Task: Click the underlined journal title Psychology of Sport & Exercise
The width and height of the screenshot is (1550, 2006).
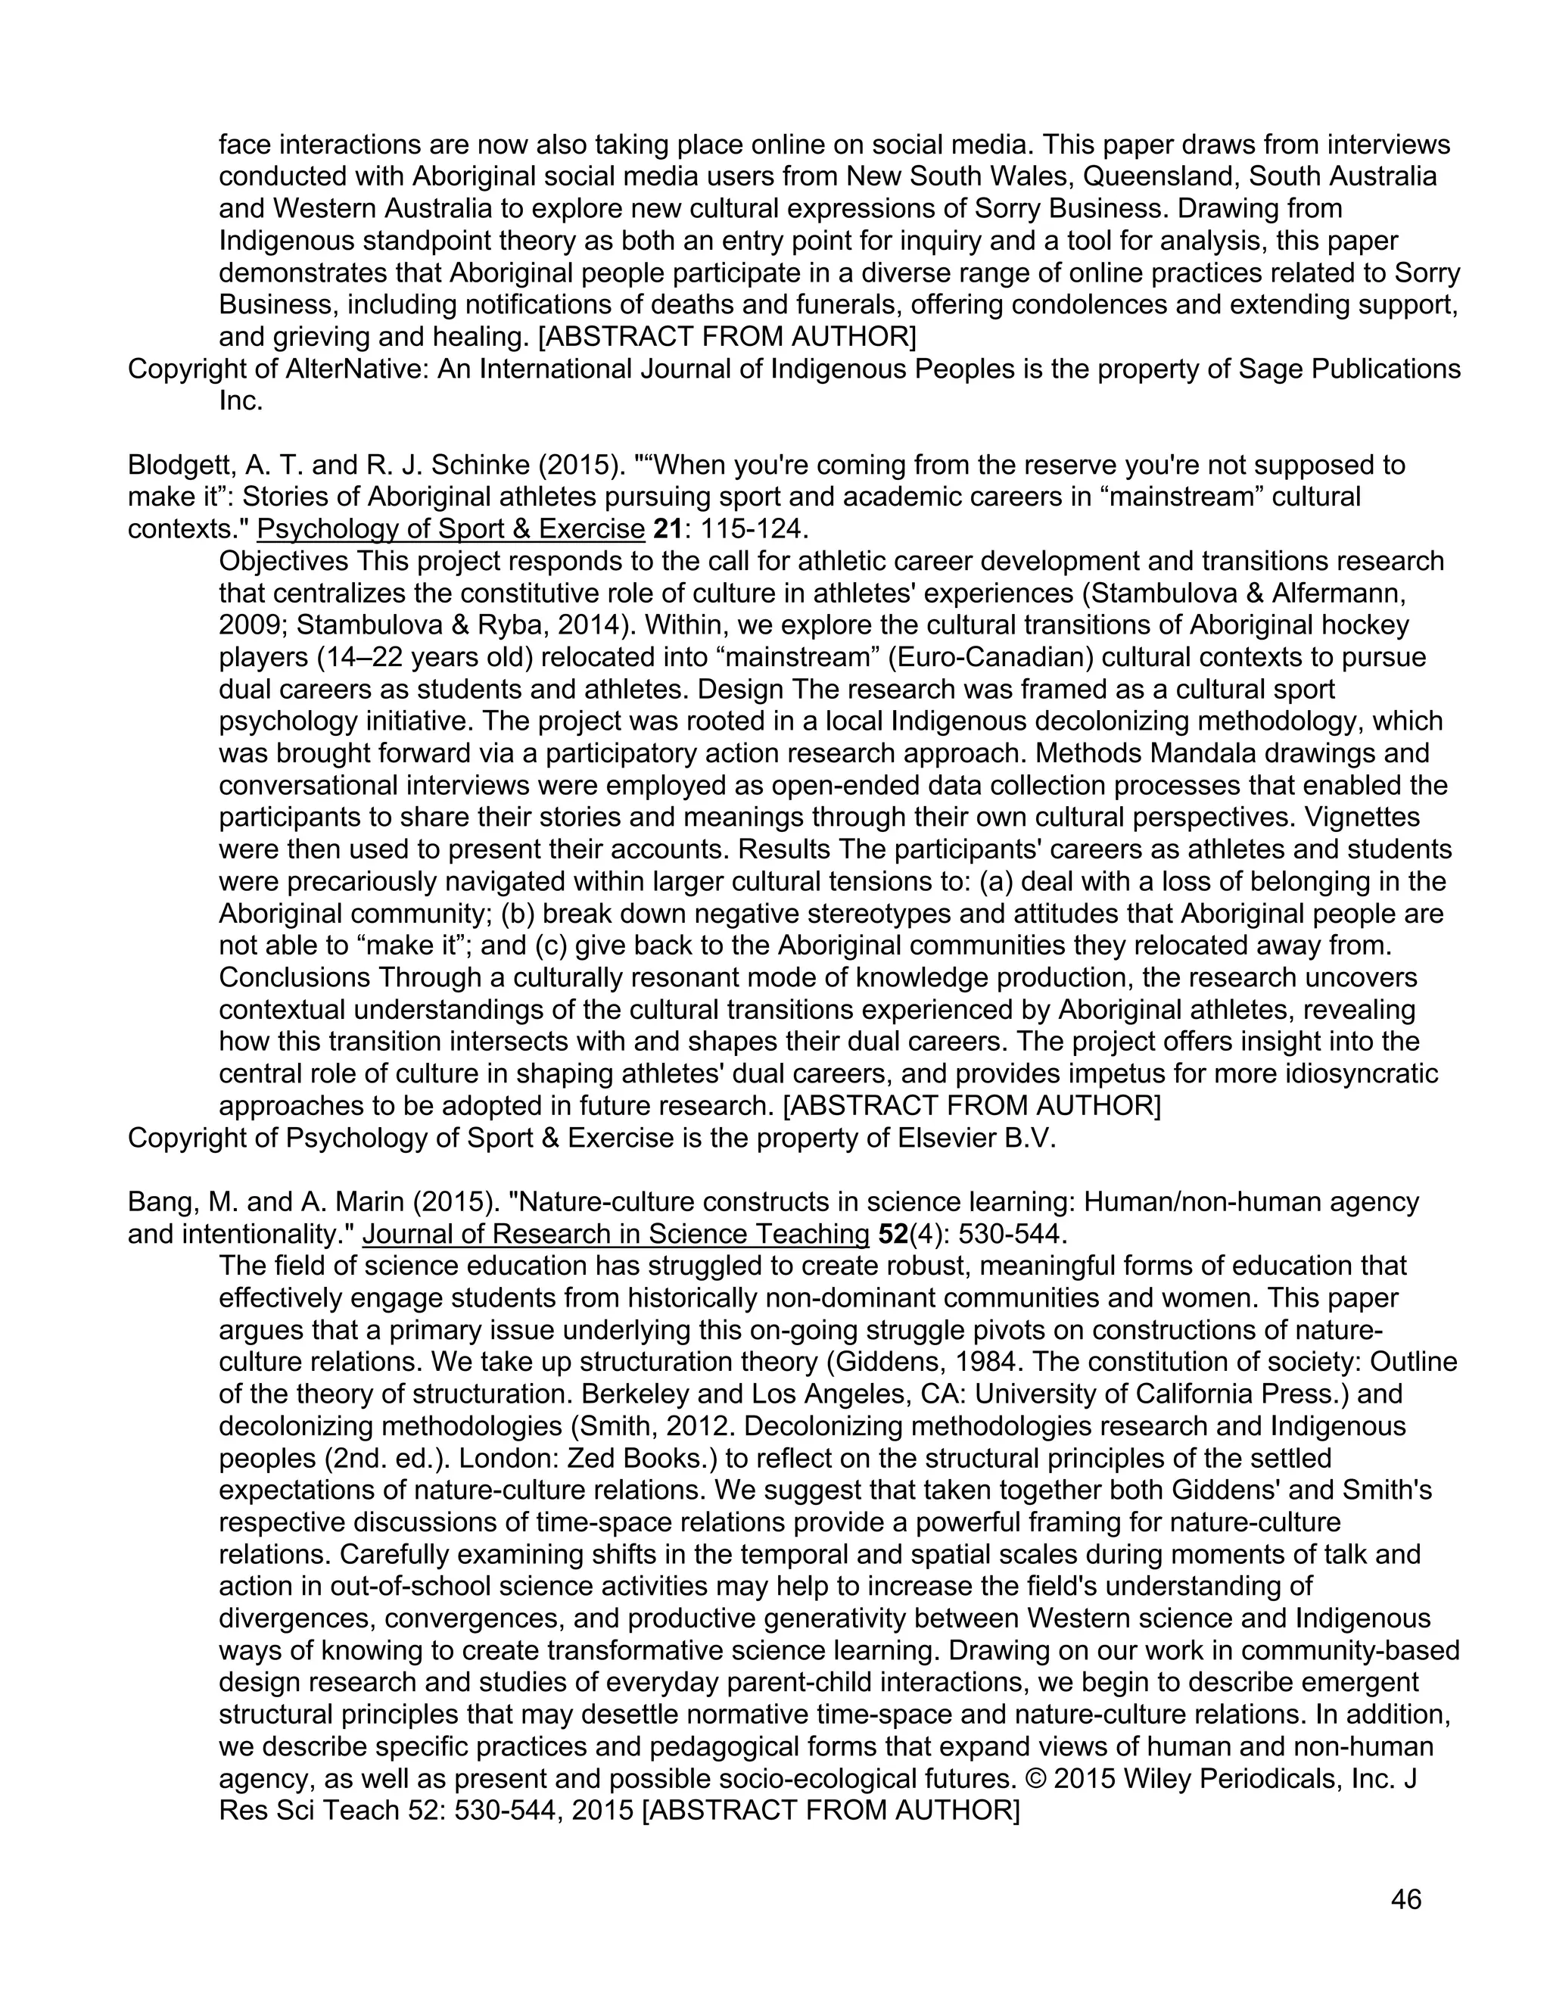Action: coord(451,529)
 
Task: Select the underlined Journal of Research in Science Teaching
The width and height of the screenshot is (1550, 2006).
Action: coord(615,1234)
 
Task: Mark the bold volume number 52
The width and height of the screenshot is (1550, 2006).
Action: coord(892,1234)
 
